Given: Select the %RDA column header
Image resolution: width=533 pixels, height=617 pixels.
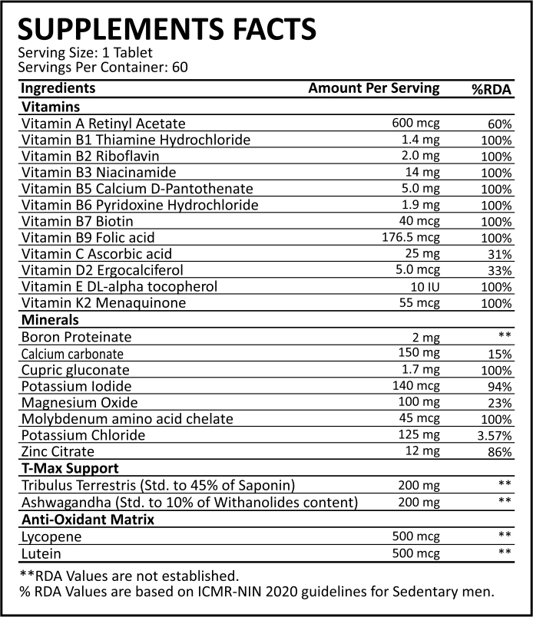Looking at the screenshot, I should (491, 89).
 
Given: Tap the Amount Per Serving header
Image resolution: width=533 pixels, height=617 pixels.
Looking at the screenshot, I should (374, 88).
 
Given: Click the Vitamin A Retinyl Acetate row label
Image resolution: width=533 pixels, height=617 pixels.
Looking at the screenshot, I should (104, 124).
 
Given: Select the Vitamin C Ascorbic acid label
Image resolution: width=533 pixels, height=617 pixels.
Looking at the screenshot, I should (97, 254).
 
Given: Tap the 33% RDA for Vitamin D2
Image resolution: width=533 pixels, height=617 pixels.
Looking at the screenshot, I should (499, 271).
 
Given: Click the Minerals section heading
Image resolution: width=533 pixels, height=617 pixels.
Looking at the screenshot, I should (52, 320).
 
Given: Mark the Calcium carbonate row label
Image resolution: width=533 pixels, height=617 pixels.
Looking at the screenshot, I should (72, 354).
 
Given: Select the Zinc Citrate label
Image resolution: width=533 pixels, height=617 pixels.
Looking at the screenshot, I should (58, 451).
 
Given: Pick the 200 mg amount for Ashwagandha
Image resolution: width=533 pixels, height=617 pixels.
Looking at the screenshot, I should (419, 503).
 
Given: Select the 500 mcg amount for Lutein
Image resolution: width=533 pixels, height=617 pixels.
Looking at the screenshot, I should (415, 553).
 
